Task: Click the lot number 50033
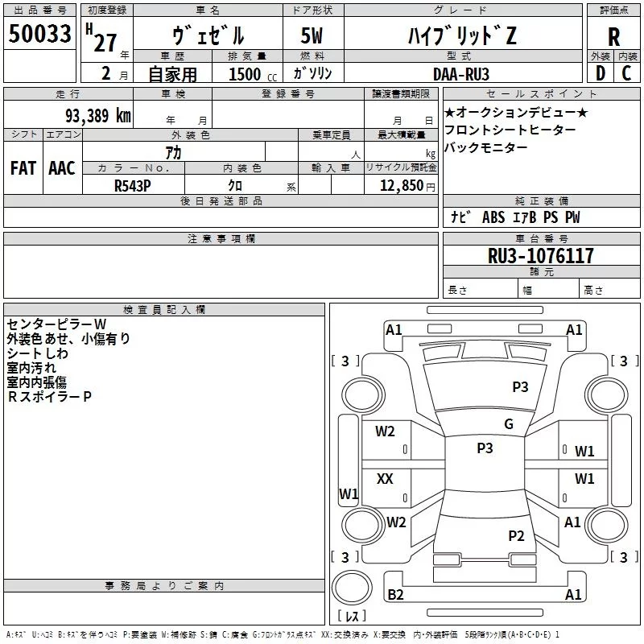[39, 34]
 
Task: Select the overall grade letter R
[613, 37]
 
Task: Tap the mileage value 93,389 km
[97, 115]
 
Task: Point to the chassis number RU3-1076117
[540, 256]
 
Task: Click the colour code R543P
[132, 186]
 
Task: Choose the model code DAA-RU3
[461, 74]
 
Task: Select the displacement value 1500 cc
[253, 74]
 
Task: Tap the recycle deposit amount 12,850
[401, 186]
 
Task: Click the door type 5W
[312, 35]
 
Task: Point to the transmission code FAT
[23, 168]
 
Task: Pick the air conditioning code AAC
[62, 168]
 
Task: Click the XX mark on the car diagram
[385, 478]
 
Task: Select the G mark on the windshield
[509, 423]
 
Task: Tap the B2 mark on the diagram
[395, 594]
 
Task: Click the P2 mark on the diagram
[516, 535]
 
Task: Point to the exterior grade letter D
[601, 73]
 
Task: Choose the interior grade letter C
[626, 73]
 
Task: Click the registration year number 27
[105, 43]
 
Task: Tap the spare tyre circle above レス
[352, 588]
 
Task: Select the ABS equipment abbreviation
[493, 217]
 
